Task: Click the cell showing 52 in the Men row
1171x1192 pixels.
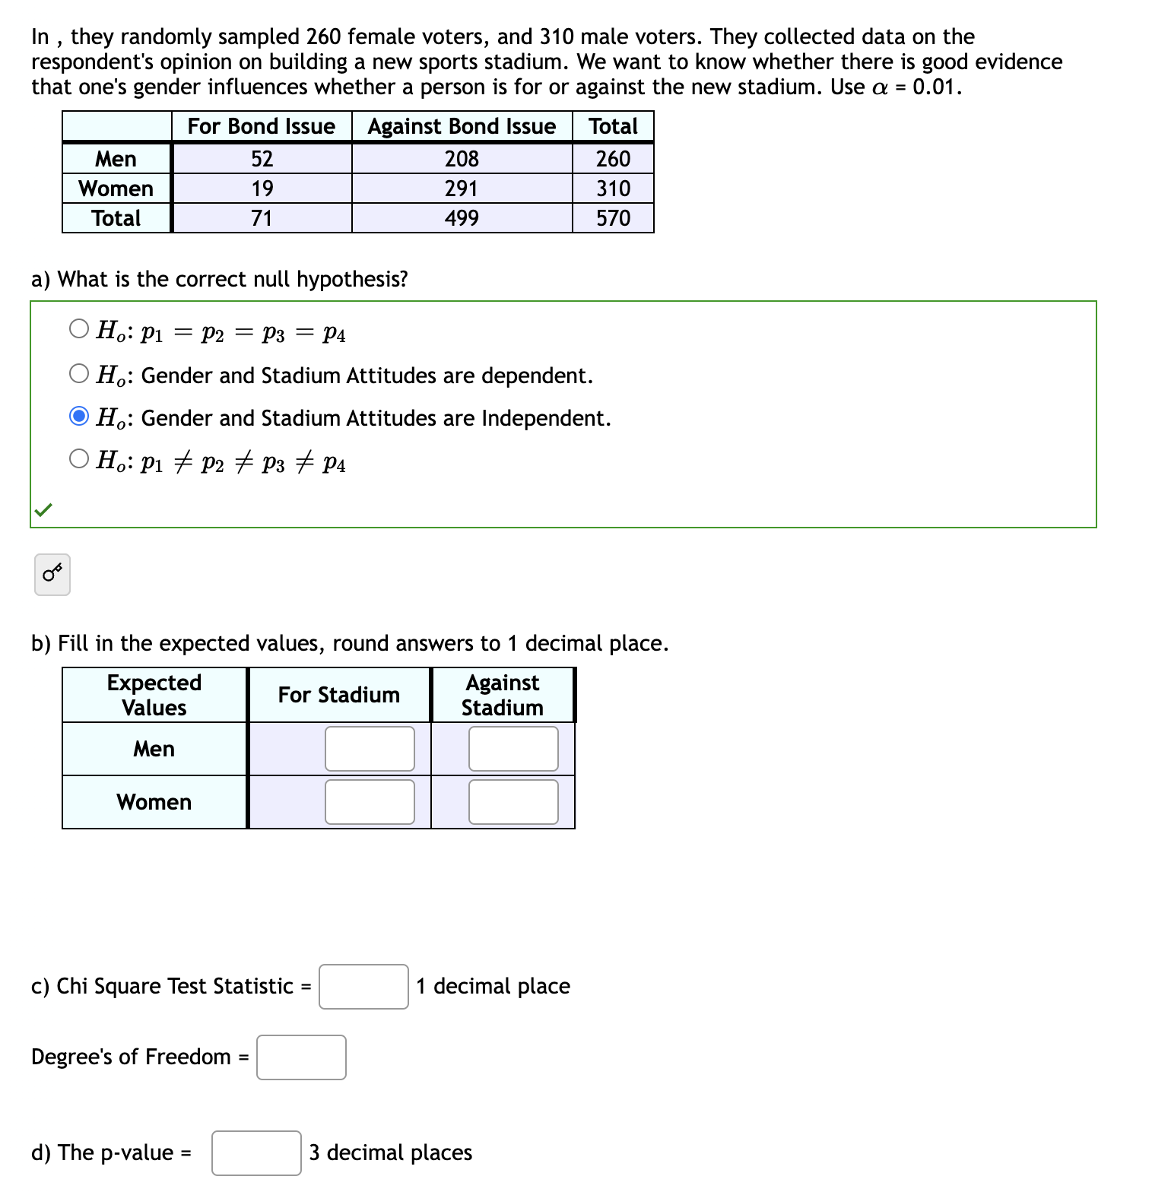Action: (262, 159)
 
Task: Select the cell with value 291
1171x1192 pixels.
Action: (462, 189)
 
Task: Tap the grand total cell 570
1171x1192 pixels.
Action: (613, 218)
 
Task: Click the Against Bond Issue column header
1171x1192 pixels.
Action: (462, 126)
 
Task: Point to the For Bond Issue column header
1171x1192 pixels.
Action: (262, 126)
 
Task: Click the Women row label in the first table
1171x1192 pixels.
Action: (116, 189)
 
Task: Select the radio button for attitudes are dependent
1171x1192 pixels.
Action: (79, 373)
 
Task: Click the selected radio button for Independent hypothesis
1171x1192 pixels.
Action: (79, 417)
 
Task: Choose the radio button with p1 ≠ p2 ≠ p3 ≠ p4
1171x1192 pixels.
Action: (79, 458)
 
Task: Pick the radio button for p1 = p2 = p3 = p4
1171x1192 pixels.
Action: (79, 328)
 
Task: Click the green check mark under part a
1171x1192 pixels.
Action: (43, 509)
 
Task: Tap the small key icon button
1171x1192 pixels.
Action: (52, 575)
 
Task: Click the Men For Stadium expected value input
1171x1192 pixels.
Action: (370, 749)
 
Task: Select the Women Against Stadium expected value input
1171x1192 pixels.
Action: (513, 802)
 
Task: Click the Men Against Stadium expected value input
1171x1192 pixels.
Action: (513, 749)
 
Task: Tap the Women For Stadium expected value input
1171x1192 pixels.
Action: (370, 802)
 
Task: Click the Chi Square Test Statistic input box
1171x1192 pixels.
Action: (363, 987)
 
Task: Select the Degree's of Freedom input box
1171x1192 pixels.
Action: (301, 1057)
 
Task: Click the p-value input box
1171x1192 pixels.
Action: (256, 1153)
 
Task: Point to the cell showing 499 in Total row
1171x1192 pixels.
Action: (462, 218)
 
